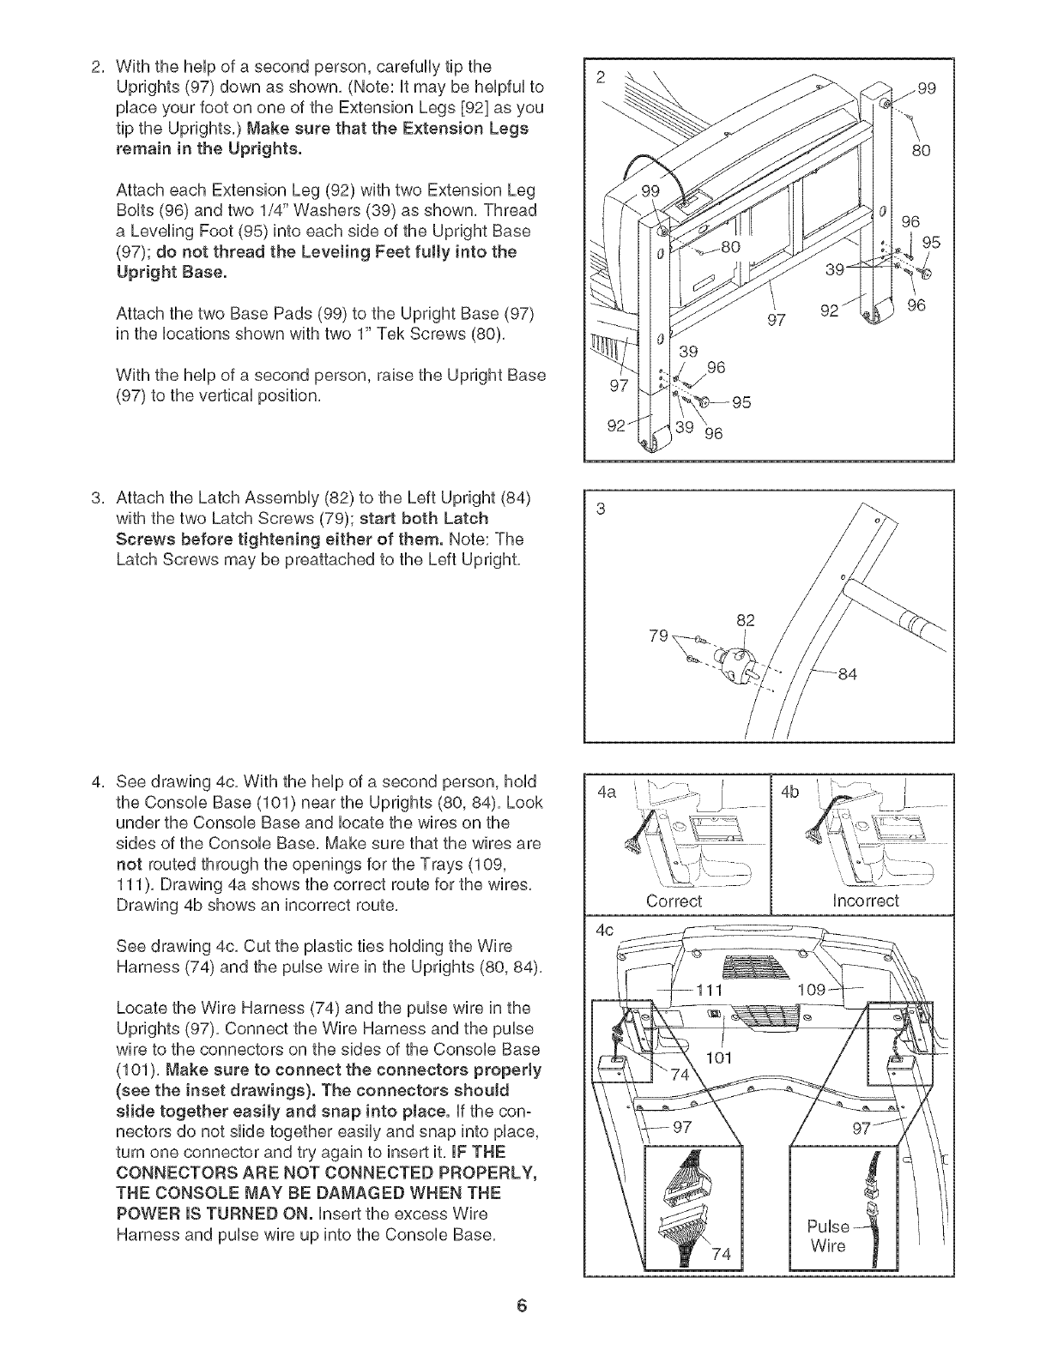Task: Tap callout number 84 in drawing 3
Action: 847,674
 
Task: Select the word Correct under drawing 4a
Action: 674,901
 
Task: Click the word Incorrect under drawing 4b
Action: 866,901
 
